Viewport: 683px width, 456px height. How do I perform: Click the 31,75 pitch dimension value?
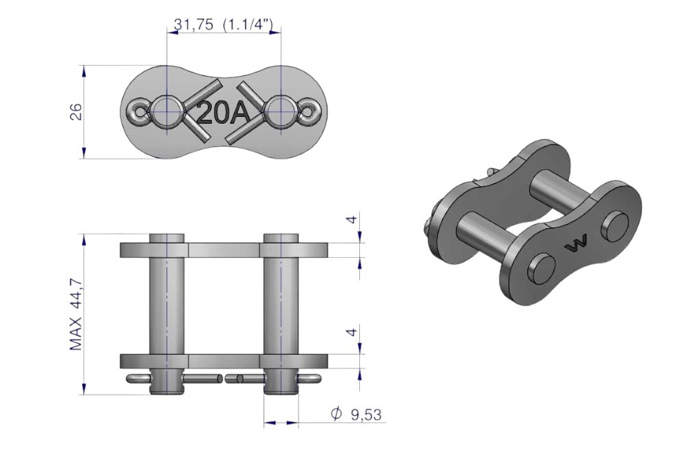[x=193, y=25]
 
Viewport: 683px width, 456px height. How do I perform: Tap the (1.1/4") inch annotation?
[x=248, y=25]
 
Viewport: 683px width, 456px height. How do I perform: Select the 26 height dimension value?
[x=76, y=112]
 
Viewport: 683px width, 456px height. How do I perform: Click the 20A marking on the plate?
[x=223, y=113]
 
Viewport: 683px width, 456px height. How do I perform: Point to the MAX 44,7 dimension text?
[x=76, y=314]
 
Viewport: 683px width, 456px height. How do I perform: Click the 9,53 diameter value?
[x=366, y=414]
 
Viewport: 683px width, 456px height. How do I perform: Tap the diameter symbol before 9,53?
[x=336, y=414]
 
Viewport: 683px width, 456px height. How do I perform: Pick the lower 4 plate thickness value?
[x=352, y=332]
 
